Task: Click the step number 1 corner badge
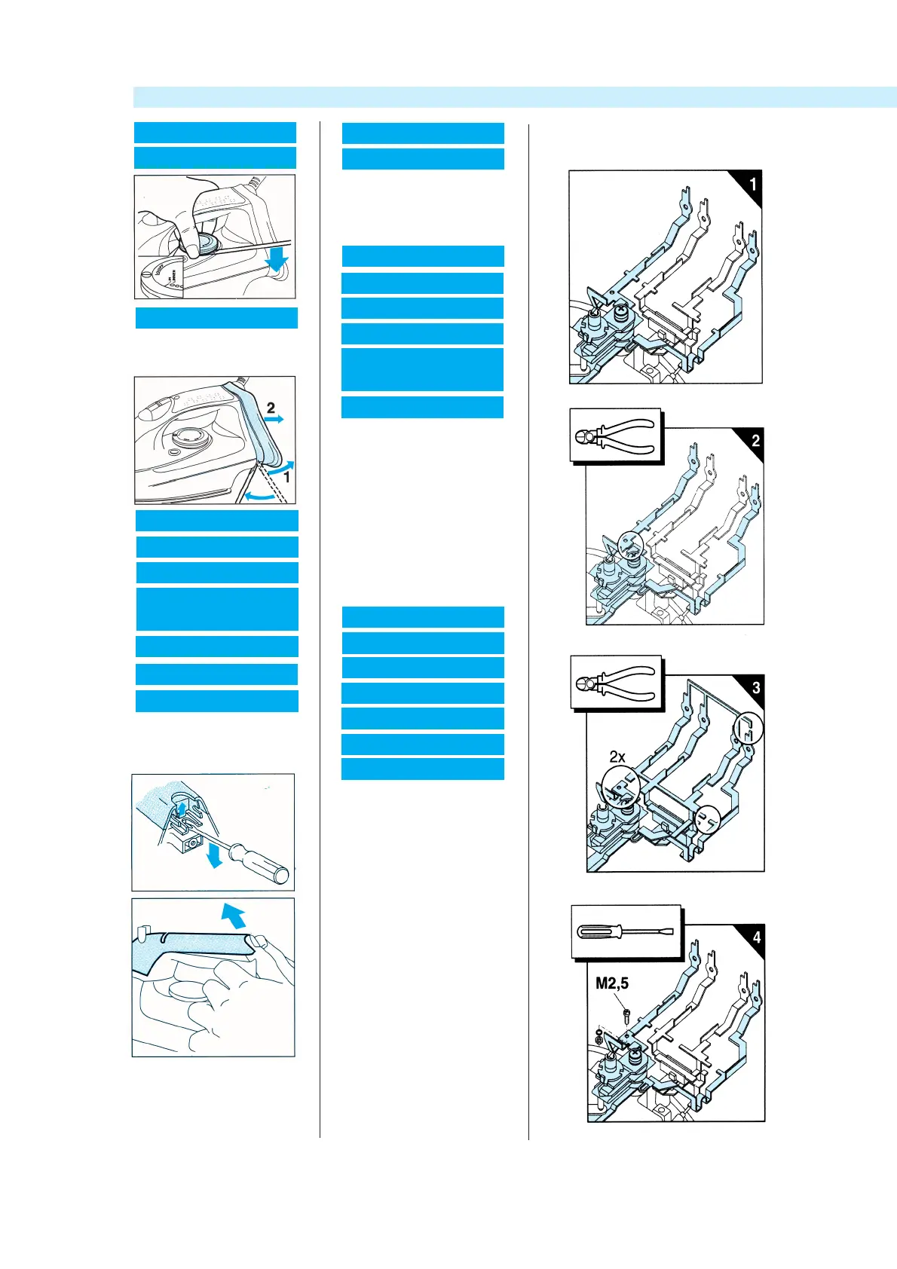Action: point(752,185)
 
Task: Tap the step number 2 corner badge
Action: point(755,441)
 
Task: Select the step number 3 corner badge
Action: point(756,687)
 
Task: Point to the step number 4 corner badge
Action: point(756,937)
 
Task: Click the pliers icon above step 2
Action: point(615,436)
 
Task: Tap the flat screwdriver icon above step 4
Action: point(625,931)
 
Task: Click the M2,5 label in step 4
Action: point(612,983)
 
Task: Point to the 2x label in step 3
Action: point(617,757)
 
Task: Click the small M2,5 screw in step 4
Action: point(626,1014)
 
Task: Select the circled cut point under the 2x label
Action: point(620,789)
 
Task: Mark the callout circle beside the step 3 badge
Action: point(748,728)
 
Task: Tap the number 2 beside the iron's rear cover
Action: point(271,408)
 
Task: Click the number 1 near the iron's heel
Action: point(286,477)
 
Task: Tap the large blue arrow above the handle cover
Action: point(234,916)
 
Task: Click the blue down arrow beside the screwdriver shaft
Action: point(215,855)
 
